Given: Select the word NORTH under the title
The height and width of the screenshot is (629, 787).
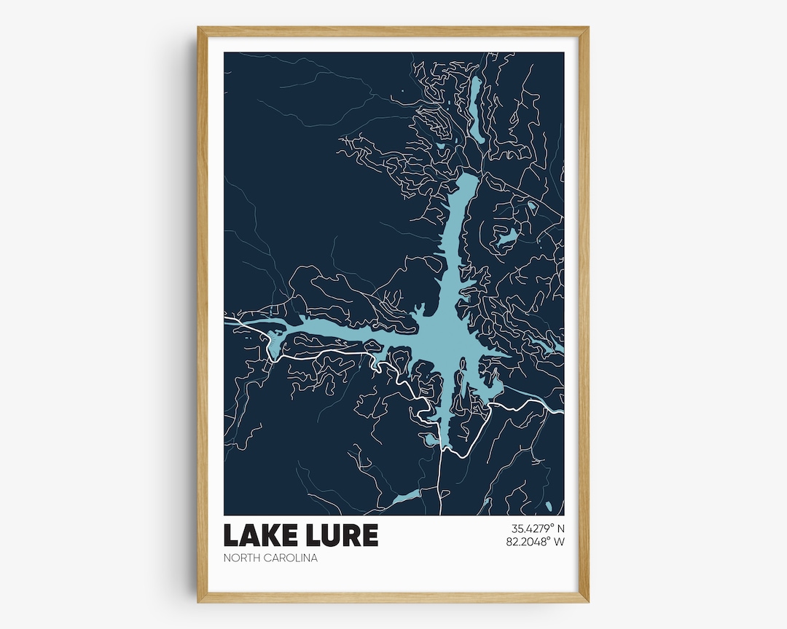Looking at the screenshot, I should (x=241, y=558).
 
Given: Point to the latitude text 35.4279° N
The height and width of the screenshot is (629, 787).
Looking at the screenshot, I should (x=533, y=529).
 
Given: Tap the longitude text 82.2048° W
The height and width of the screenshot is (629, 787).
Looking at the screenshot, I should (x=533, y=542).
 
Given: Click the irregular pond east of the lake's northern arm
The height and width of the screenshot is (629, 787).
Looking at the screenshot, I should (x=507, y=236).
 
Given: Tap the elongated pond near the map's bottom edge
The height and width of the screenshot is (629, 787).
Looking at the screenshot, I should (x=404, y=498).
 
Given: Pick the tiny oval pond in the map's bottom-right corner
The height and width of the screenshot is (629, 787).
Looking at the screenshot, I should (x=548, y=505).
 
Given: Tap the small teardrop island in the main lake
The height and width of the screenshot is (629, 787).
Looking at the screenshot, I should (x=462, y=362).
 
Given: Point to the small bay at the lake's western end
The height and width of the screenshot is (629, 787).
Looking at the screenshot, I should (x=274, y=346).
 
